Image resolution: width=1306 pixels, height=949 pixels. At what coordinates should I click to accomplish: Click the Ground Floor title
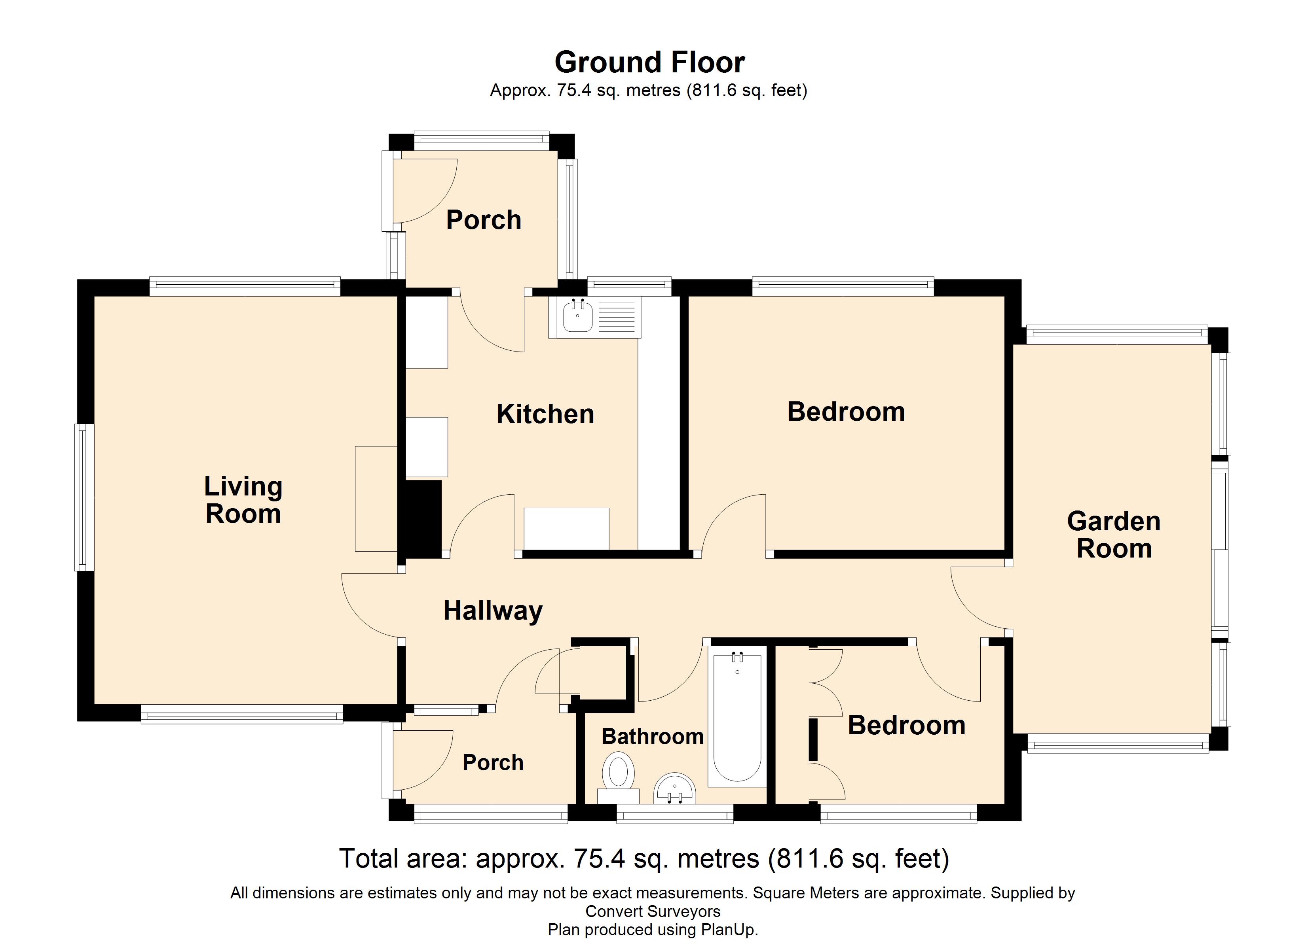[649, 62]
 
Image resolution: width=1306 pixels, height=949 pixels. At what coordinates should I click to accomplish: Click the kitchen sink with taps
[577, 316]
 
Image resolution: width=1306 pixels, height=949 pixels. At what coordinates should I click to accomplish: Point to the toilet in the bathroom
[618, 774]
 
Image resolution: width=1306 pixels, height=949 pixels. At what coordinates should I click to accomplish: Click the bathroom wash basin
[674, 789]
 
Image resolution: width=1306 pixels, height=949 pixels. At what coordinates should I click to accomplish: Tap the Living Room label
[243, 499]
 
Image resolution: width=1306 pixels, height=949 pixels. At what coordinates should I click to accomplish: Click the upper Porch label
[483, 220]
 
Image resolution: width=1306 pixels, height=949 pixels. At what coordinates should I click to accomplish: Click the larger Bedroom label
[845, 412]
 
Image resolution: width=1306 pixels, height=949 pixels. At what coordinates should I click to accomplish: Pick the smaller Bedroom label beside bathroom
[906, 725]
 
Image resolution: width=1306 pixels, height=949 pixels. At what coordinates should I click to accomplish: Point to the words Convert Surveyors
[653, 911]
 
